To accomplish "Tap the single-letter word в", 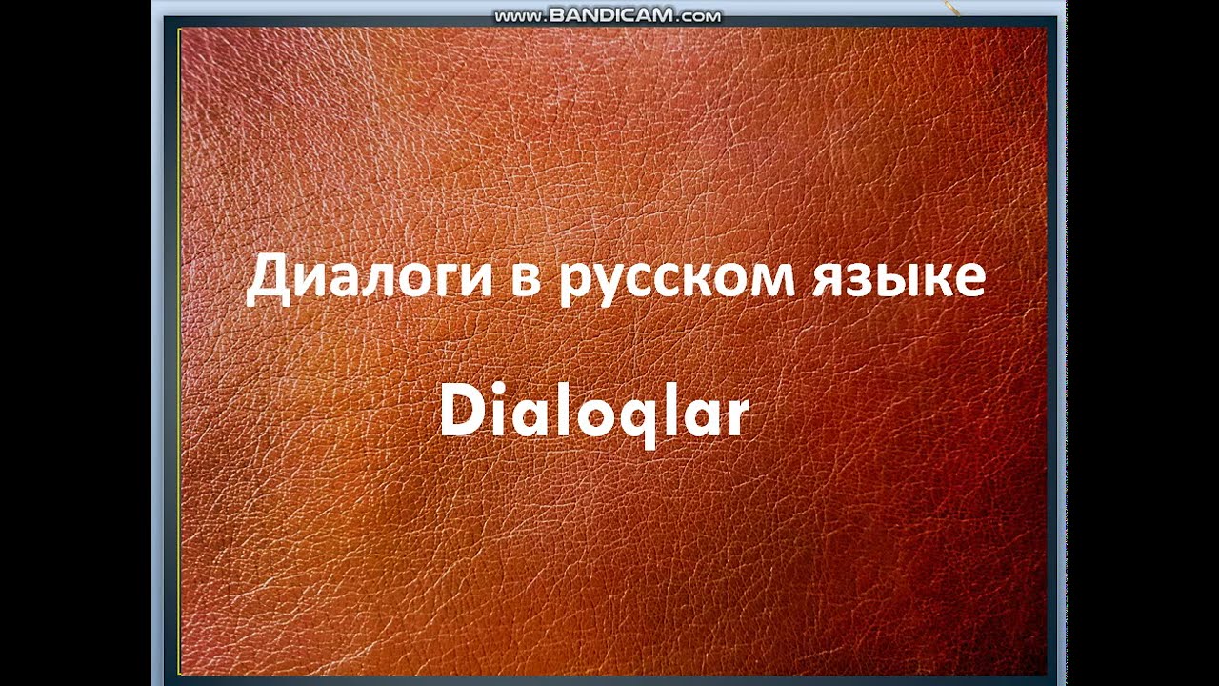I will tap(523, 279).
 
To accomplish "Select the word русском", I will tap(676, 280).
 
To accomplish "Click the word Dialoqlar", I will tap(594, 415).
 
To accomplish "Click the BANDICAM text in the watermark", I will tap(609, 16).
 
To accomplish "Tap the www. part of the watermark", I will tap(519, 17).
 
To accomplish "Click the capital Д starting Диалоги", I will tap(269, 279).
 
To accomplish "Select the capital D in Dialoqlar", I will tap(461, 414).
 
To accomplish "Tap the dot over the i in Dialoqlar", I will tap(498, 393).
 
